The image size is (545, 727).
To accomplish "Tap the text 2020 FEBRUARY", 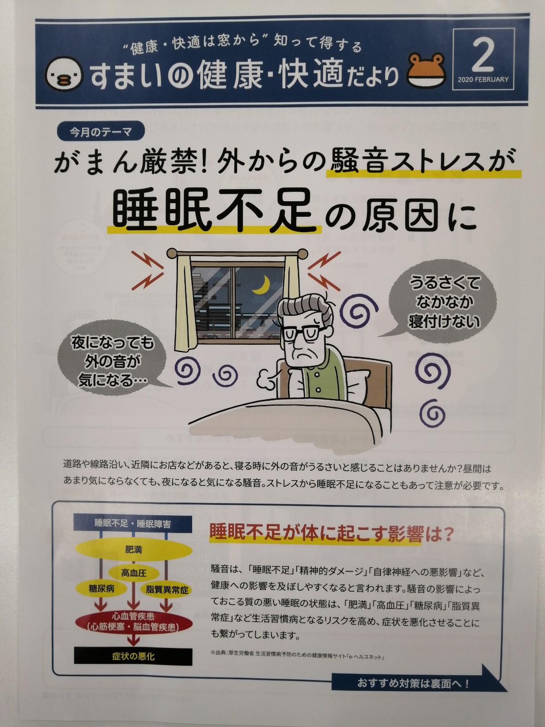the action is tap(483, 80).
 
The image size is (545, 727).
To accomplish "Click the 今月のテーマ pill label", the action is tap(100, 132).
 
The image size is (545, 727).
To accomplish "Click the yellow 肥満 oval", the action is tap(134, 550).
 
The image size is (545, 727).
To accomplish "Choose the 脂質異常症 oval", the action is tap(167, 590).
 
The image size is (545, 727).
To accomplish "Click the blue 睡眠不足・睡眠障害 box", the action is tap(133, 523).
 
